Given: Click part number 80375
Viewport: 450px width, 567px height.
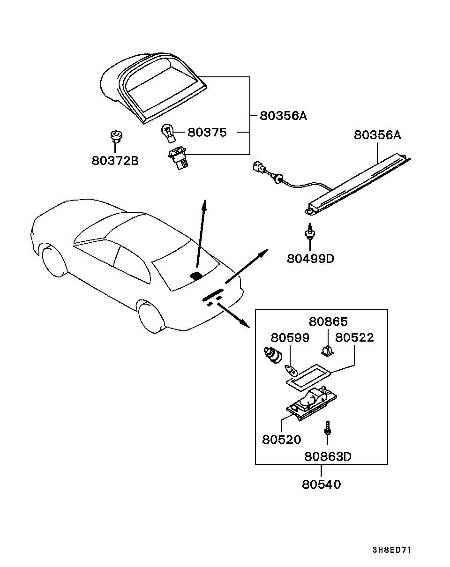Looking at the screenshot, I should click(207, 133).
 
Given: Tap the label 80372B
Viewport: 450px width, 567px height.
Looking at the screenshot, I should click(115, 161).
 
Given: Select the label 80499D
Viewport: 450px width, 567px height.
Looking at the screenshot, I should click(310, 258).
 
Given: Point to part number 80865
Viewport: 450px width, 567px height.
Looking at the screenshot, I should click(328, 322).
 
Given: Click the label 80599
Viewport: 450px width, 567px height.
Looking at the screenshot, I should click(290, 337).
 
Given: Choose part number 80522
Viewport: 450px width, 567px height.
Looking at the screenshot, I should click(355, 337).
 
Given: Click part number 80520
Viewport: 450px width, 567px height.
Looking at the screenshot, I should click(281, 440).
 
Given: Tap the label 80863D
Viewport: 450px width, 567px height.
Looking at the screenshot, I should click(328, 456).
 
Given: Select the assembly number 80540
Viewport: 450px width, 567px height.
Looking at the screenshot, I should click(321, 484).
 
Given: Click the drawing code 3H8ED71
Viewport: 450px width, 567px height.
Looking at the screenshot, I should click(391, 550).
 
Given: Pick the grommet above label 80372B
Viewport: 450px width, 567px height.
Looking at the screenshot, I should click(115, 136).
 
